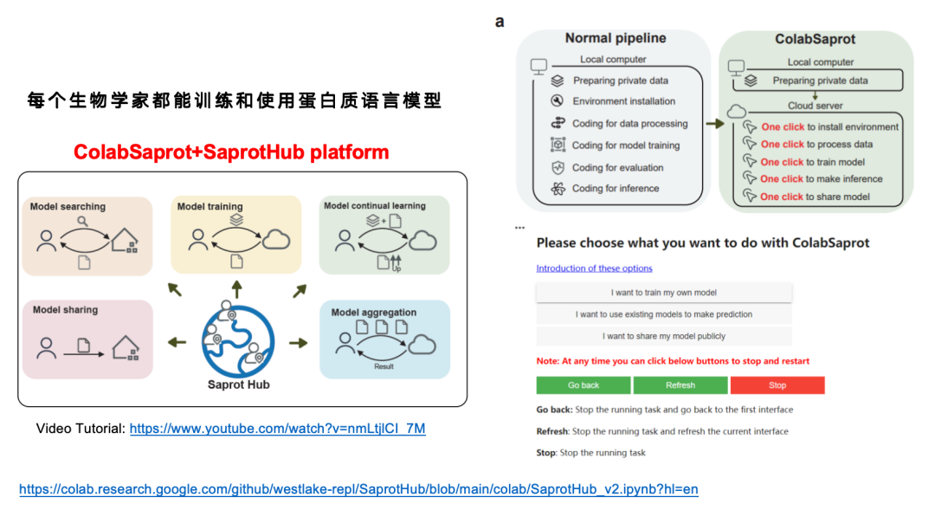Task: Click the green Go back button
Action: click(x=584, y=385)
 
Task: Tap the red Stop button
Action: click(x=777, y=385)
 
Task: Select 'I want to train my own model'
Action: click(x=663, y=293)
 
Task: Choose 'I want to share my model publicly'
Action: click(x=663, y=336)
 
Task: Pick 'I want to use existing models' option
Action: click(x=663, y=314)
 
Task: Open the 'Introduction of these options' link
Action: click(x=594, y=268)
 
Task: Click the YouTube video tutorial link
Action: click(x=277, y=429)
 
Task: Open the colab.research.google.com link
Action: click(x=358, y=489)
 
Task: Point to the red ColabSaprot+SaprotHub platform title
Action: click(x=231, y=153)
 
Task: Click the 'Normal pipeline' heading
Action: click(x=616, y=38)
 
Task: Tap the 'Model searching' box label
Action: click(x=68, y=207)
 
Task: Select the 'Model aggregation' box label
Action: click(x=373, y=313)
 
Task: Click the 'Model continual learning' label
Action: click(x=375, y=206)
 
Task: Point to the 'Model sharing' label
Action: click(x=65, y=310)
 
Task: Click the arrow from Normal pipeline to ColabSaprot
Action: click(x=714, y=124)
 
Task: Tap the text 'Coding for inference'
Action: click(x=616, y=189)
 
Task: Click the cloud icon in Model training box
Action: click(x=277, y=240)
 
